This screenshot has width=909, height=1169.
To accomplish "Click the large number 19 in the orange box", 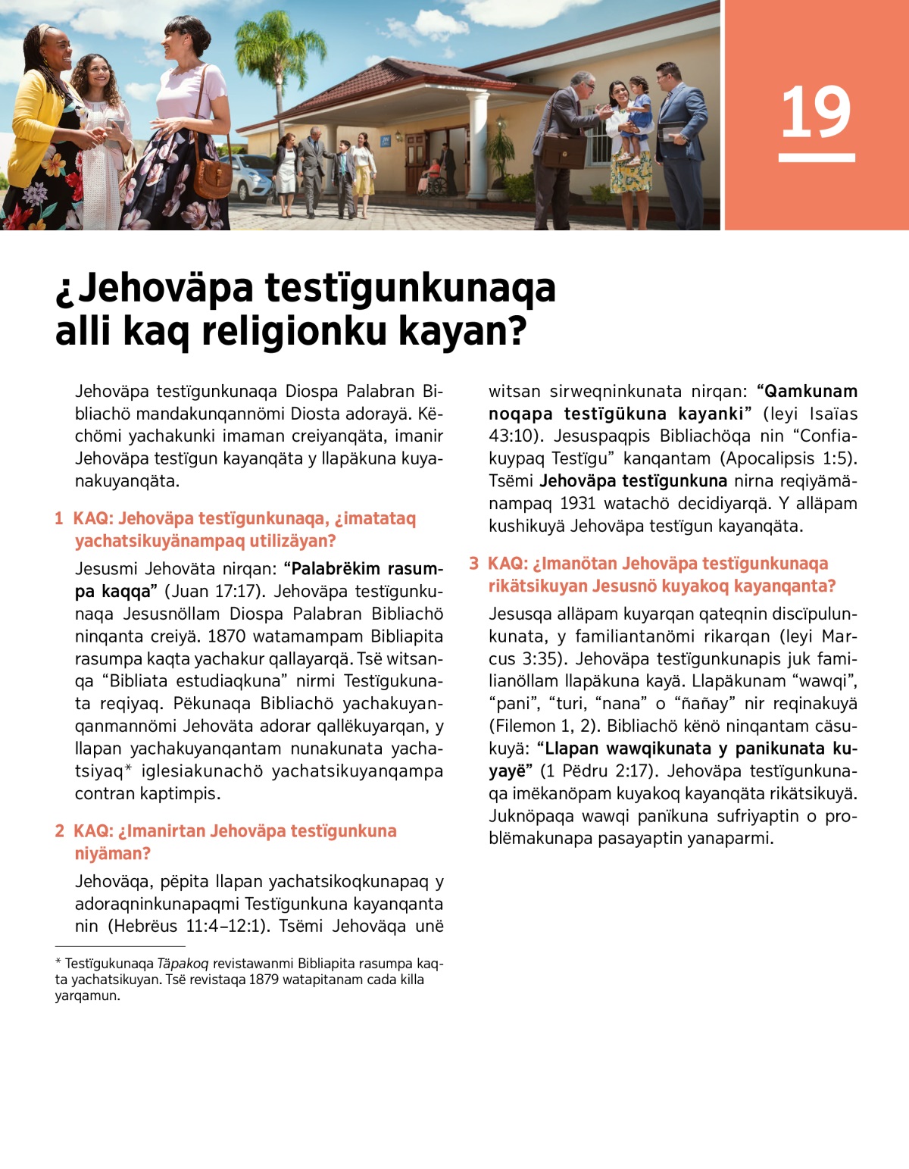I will (x=816, y=113).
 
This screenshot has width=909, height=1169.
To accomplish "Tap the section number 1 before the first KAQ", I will (x=58, y=519).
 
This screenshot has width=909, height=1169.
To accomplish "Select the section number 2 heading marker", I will (x=59, y=831).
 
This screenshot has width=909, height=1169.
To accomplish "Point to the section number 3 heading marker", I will (x=473, y=564).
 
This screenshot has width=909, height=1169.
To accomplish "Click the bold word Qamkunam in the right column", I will (x=811, y=392).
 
